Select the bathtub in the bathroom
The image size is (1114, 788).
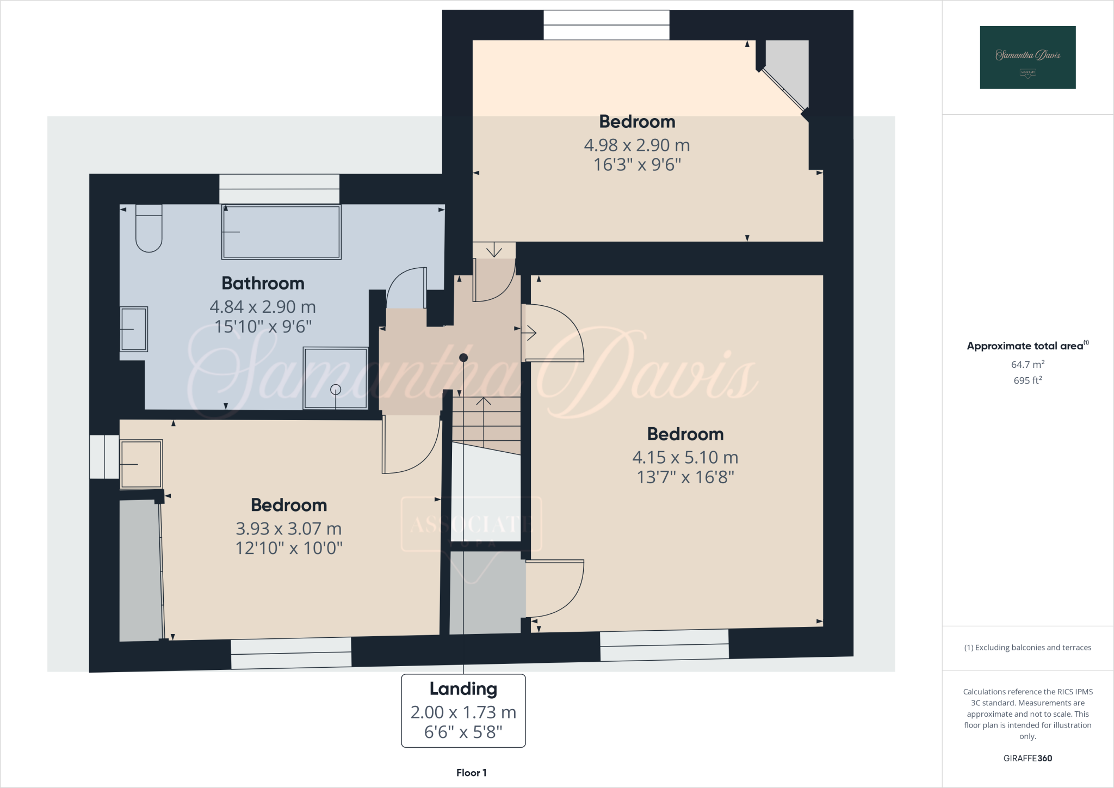[281, 232]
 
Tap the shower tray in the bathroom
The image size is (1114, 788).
[336, 378]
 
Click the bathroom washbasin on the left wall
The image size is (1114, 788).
[134, 329]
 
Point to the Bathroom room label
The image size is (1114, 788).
[263, 284]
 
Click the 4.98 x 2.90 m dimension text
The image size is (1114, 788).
[637, 145]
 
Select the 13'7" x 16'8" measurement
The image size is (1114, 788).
[685, 477]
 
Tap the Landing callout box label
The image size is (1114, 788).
[463, 689]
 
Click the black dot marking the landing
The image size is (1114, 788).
[463, 358]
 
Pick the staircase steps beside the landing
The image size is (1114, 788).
[486, 424]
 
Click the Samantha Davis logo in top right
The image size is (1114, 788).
[1028, 57]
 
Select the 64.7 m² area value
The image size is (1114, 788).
[1028, 365]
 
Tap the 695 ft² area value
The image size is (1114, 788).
[1028, 380]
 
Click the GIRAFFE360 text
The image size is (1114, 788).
[1028, 758]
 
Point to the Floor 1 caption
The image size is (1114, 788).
[471, 773]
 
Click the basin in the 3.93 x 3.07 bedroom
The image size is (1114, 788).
[141, 464]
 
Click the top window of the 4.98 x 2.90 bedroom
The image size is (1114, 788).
[606, 25]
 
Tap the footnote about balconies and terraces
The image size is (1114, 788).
[1028, 648]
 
